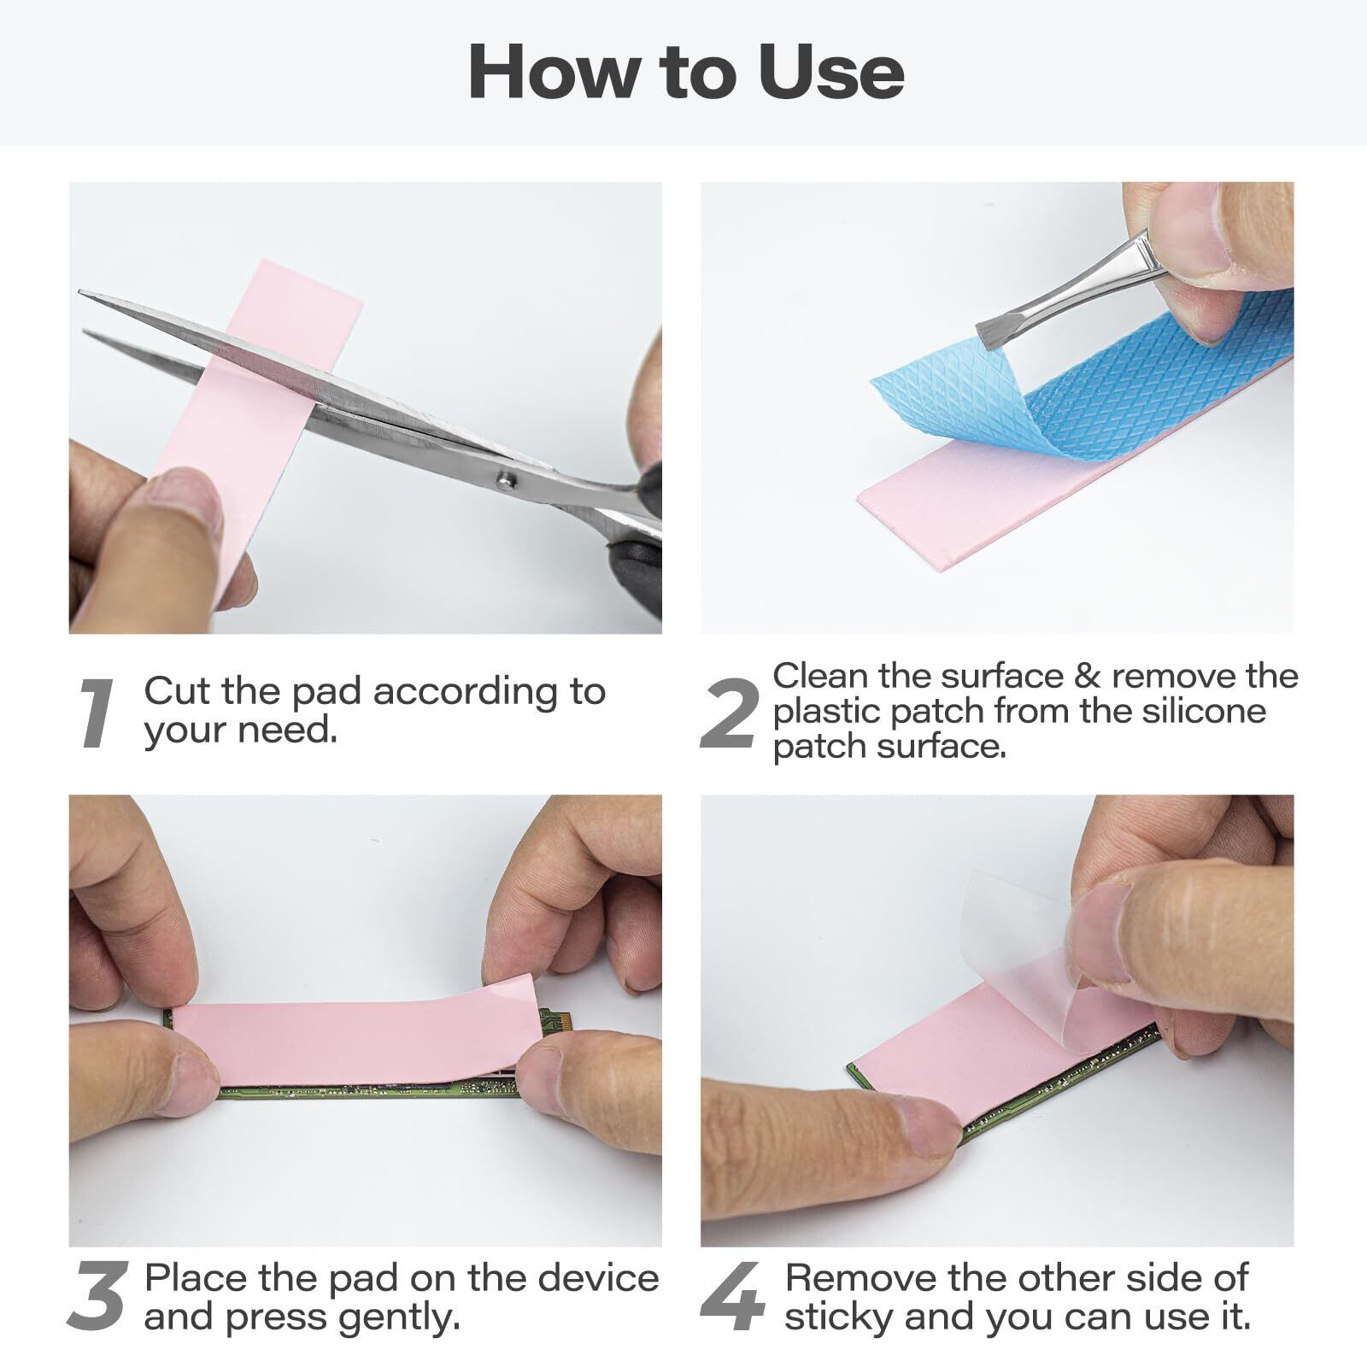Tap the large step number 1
(x=96, y=714)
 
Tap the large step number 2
(x=729, y=714)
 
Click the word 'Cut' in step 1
(x=179, y=690)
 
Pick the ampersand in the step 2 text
(x=1087, y=676)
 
